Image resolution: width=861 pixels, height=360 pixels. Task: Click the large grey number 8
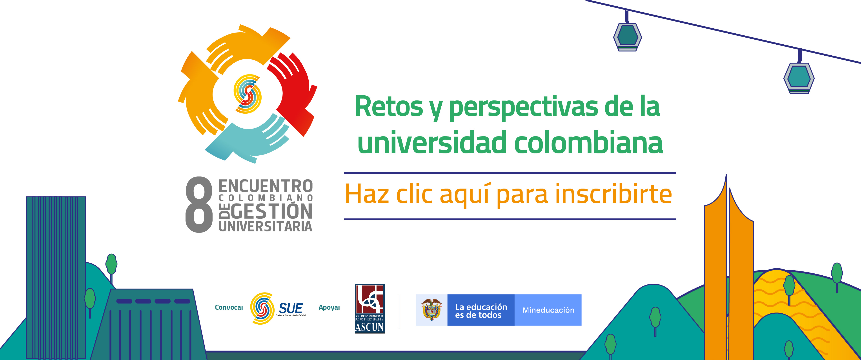tap(199, 205)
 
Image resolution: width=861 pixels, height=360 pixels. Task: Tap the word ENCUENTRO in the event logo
tap(266, 186)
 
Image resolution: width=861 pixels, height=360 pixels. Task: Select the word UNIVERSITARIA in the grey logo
tap(266, 226)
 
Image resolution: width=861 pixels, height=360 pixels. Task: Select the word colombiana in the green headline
tap(588, 143)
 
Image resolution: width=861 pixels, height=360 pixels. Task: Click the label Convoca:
tap(229, 307)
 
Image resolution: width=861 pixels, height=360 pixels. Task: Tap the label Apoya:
tap(329, 307)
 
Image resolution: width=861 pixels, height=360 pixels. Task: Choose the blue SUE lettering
tap(290, 308)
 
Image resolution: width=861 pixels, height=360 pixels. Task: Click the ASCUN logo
tap(370, 309)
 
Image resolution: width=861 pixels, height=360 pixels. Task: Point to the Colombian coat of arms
tap(431, 309)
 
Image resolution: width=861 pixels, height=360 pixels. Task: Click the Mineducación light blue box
tap(548, 310)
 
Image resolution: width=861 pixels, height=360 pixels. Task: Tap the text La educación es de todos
tap(481, 311)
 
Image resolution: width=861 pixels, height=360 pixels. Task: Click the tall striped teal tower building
tap(56, 277)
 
